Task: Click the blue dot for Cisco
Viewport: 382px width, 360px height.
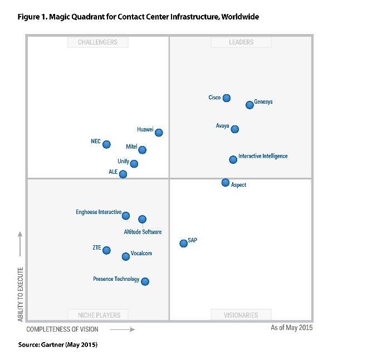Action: (227, 98)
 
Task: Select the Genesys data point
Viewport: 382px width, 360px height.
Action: (250, 105)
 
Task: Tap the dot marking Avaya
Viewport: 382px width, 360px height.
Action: (235, 129)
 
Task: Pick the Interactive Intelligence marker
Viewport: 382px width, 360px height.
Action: (233, 159)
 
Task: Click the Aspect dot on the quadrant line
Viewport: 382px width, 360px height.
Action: (226, 182)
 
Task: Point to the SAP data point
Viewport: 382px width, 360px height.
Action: (183, 243)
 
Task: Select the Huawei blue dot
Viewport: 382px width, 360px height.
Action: (159, 133)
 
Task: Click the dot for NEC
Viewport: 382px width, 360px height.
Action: (106, 144)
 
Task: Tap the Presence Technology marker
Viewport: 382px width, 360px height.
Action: (145, 281)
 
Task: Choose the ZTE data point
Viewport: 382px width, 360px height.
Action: (106, 250)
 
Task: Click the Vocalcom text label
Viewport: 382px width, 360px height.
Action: (141, 254)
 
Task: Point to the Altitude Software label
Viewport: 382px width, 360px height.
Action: (143, 232)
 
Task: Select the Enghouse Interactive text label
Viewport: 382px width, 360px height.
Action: (99, 212)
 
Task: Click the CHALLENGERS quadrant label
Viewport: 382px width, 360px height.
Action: (97, 42)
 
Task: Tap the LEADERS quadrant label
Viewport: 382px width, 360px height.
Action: (241, 42)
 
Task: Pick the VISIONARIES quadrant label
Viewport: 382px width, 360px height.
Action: (241, 315)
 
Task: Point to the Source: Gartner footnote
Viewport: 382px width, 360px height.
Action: (58, 345)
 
